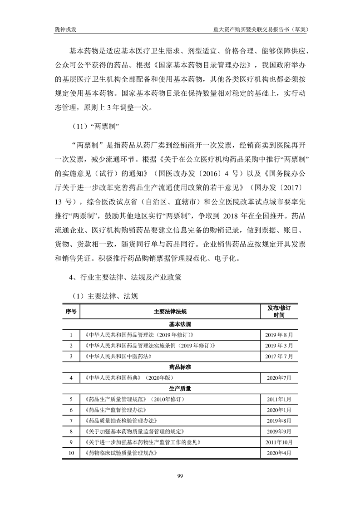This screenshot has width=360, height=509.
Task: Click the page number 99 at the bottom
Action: [x=180, y=475]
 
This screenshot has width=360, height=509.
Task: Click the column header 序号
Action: [x=71, y=311]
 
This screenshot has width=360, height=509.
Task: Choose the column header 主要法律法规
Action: [x=170, y=311]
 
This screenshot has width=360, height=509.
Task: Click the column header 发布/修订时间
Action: [x=279, y=311]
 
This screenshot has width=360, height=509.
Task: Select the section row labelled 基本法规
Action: [x=180, y=324]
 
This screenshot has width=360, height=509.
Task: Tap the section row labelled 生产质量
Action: [x=180, y=388]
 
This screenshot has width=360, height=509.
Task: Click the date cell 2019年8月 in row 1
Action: [x=279, y=335]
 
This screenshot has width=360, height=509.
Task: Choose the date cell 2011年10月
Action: [x=279, y=442]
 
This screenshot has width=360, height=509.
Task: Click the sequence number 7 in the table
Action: [x=71, y=421]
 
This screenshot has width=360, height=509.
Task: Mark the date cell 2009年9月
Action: [x=279, y=431]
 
